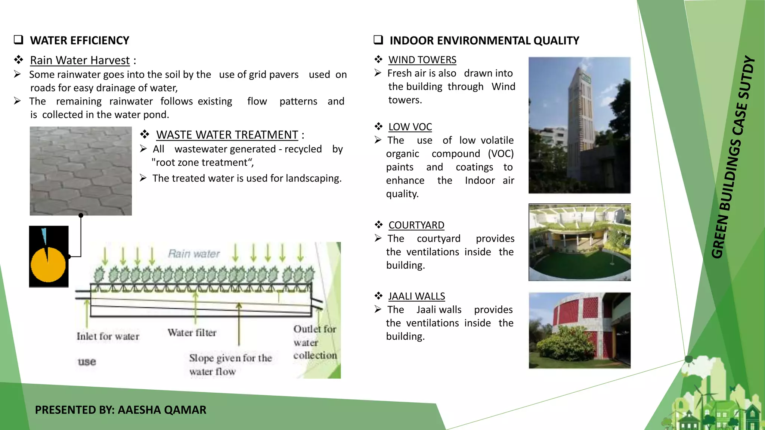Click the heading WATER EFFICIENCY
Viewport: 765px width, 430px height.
[80, 40]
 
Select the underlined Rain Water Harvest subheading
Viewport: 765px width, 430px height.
[80, 60]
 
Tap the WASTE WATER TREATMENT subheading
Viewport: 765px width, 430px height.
[227, 135]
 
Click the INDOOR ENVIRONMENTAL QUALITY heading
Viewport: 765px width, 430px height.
[484, 40]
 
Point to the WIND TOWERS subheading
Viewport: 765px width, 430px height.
[422, 60]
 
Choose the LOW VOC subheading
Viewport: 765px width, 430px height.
[410, 127]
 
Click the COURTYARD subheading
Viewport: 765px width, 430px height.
[416, 225]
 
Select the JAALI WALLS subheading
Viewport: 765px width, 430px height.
[416, 296]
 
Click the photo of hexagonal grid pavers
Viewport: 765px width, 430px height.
[81, 171]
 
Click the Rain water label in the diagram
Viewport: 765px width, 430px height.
[194, 254]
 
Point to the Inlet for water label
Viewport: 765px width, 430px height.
[108, 336]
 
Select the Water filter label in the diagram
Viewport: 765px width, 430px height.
[192, 333]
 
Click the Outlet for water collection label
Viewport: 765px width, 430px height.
[315, 342]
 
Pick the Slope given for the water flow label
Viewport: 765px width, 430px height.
[230, 364]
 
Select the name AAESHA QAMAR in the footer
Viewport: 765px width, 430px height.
[162, 410]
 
